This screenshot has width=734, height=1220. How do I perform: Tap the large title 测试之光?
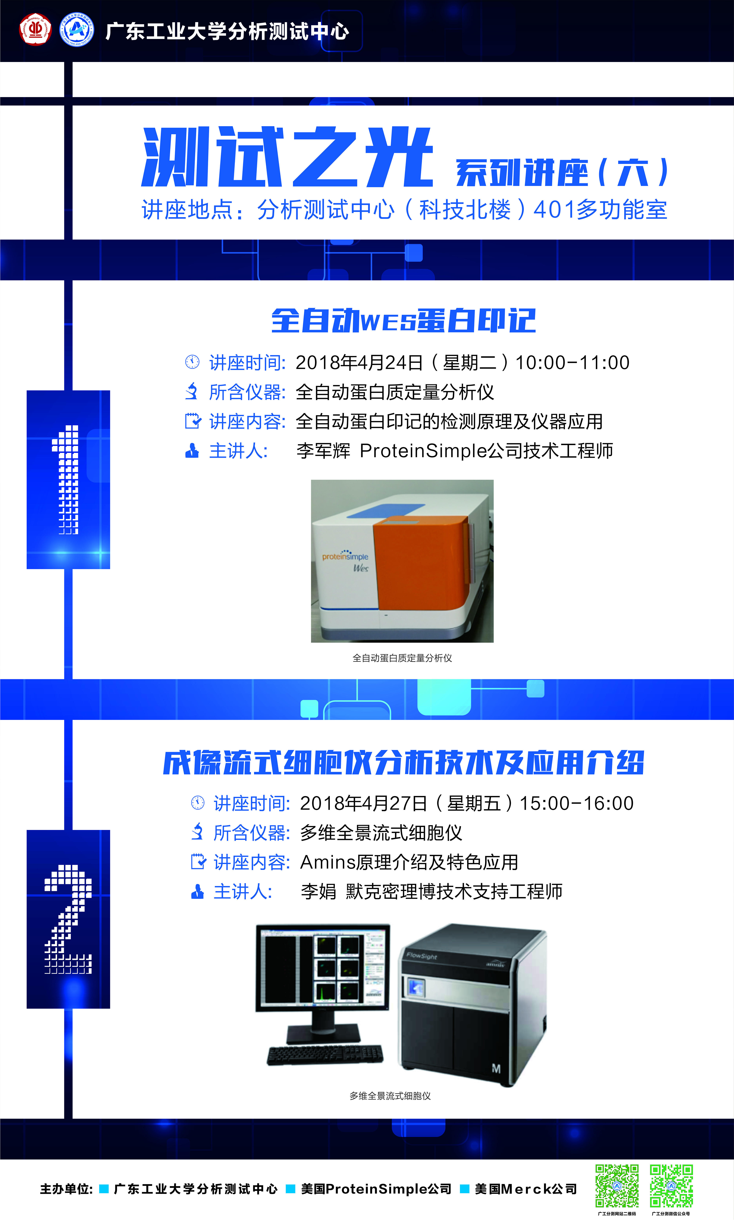(287, 157)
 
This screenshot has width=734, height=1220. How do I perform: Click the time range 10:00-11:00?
(572, 363)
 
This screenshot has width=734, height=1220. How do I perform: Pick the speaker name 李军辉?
(323, 451)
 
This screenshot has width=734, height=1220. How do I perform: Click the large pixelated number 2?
(68, 919)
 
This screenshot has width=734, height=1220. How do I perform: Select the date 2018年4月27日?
(364, 803)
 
